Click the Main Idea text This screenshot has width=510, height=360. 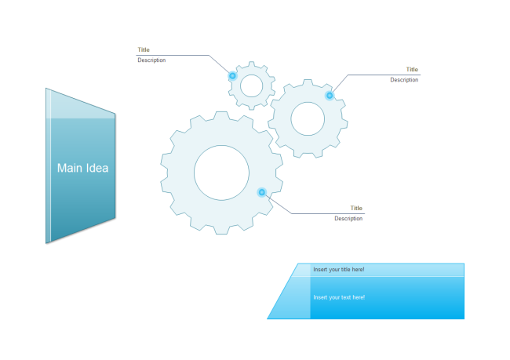(x=82, y=168)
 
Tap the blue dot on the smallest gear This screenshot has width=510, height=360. (x=232, y=76)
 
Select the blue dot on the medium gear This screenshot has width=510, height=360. (x=330, y=96)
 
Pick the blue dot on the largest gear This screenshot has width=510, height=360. (x=262, y=192)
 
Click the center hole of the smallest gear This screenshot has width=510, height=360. (x=251, y=85)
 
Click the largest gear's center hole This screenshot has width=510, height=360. (x=222, y=173)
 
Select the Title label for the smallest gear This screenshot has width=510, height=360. (x=144, y=50)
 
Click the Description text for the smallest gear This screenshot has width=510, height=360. (x=151, y=60)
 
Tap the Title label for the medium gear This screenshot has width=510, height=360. (x=412, y=70)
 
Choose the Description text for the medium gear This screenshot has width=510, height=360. (x=404, y=80)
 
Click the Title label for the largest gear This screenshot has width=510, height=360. (x=356, y=208)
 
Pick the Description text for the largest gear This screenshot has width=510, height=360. (x=348, y=219)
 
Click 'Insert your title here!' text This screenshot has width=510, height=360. (x=339, y=270)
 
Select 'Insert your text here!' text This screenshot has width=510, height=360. (x=339, y=297)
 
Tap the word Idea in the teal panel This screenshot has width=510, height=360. (x=97, y=168)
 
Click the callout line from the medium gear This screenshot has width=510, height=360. (x=377, y=75)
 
